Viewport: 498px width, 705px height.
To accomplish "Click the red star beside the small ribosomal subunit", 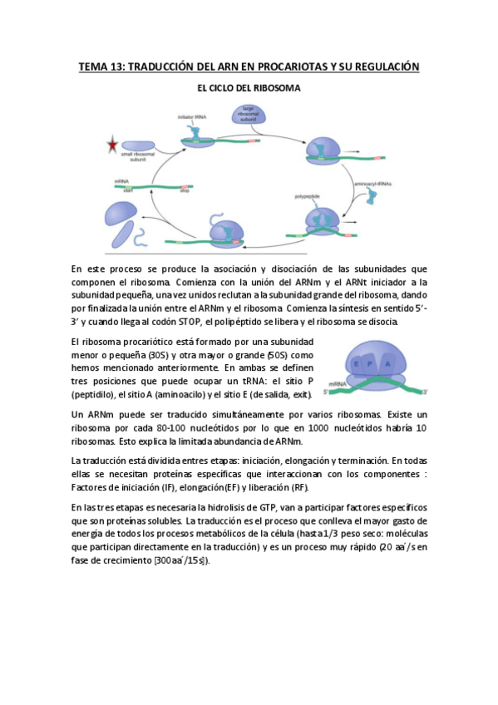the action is pyautogui.click(x=111, y=146).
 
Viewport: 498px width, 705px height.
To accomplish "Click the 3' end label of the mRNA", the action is pyautogui.click(x=427, y=390).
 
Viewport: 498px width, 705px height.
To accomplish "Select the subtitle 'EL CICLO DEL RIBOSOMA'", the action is pyautogui.click(x=249, y=86).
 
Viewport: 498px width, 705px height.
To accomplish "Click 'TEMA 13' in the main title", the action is pyautogui.click(x=99, y=66).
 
